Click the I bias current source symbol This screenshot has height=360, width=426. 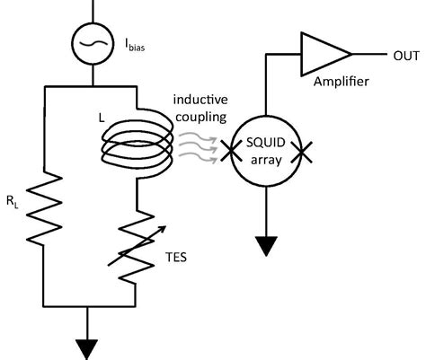pyautogui.click(x=92, y=43)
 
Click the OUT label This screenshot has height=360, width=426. pyautogui.click(x=404, y=57)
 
